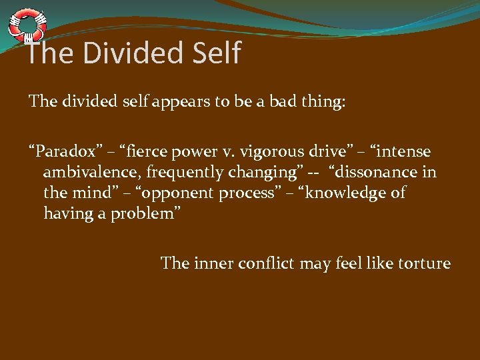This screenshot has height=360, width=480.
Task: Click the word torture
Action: click(x=425, y=263)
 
